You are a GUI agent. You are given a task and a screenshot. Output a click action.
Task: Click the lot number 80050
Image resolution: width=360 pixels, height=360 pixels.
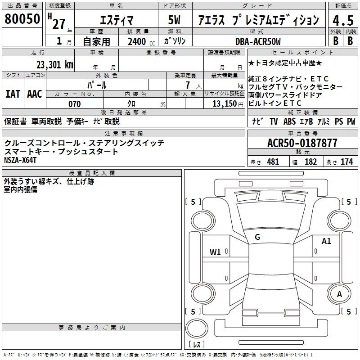point(22,19)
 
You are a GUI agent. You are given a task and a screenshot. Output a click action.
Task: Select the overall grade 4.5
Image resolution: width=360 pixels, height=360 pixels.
point(343,20)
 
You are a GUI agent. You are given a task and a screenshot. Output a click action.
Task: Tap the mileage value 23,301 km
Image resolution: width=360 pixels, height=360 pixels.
point(54,65)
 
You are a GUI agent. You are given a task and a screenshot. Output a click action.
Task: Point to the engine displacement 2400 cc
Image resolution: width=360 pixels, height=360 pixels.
point(141,41)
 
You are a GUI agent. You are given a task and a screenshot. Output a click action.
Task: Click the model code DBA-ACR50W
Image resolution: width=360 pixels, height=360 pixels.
point(258,41)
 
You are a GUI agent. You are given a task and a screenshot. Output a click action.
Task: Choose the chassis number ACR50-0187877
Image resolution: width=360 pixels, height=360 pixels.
point(302,143)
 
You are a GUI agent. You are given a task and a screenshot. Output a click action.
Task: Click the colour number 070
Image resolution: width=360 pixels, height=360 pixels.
point(75,104)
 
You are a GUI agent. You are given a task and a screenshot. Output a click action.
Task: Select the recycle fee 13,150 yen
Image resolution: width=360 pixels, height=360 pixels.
point(228,104)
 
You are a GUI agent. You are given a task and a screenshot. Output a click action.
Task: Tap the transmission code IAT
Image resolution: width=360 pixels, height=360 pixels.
point(13,94)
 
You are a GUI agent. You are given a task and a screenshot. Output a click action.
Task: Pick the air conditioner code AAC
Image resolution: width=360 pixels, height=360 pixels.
point(35,94)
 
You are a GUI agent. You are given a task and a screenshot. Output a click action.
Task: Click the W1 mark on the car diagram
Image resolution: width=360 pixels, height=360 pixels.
point(215,252)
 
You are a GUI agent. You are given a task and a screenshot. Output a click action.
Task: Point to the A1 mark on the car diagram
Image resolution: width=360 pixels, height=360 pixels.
point(326,241)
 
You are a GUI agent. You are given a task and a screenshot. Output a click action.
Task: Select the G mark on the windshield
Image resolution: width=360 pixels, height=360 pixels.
point(257,237)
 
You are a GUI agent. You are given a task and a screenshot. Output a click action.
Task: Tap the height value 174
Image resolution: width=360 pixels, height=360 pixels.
point(346,162)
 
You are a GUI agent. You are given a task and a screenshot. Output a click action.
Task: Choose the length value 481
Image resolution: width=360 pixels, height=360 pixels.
point(273,162)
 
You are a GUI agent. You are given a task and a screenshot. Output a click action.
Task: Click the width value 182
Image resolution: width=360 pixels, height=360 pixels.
point(310,162)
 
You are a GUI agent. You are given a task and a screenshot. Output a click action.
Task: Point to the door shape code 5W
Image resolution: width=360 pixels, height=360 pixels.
point(174,20)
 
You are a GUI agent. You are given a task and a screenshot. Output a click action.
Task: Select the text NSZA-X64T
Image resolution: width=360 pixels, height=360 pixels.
point(20,160)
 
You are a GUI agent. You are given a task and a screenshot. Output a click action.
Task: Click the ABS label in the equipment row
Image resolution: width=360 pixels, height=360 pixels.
point(289,121)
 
